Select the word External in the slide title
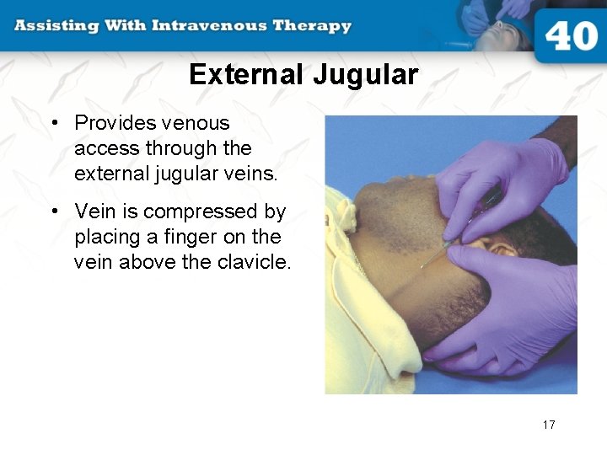pos(246,75)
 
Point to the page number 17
pos(549,425)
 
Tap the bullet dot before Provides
pos(54,123)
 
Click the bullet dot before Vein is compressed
pos(54,211)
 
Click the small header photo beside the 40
pos(497,24)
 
